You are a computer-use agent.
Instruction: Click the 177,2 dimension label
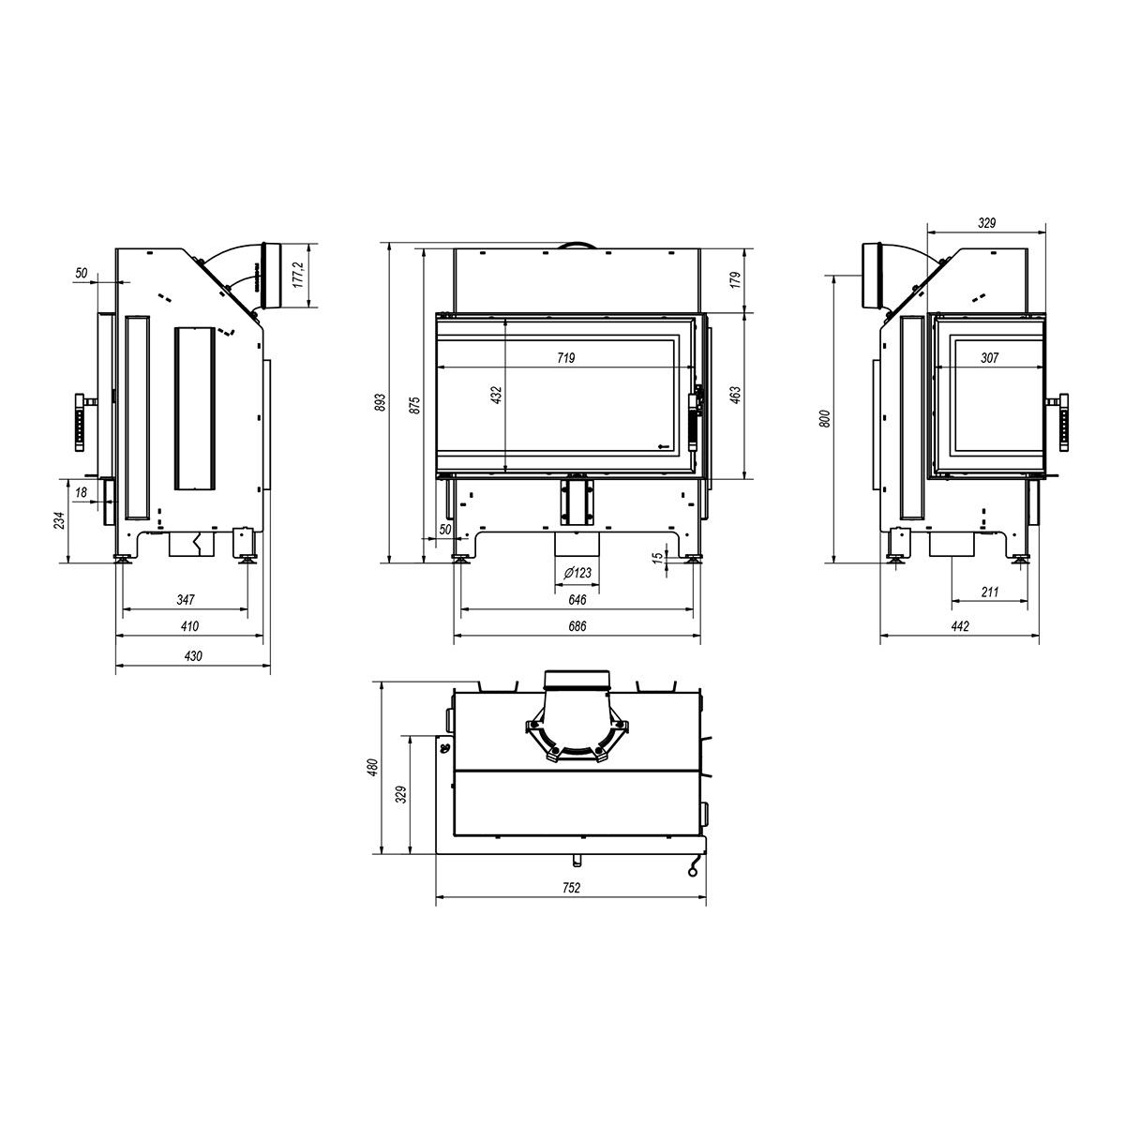point(298,275)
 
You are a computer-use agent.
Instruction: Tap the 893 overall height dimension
point(380,403)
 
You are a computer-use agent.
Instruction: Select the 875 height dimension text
point(415,405)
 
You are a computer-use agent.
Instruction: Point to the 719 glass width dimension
point(565,358)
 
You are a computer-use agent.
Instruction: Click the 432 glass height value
point(497,396)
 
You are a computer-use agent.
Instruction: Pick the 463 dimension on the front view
point(735,396)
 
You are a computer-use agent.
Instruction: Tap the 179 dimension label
point(735,279)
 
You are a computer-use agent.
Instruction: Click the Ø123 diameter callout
point(577,573)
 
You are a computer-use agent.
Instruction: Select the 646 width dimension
point(577,600)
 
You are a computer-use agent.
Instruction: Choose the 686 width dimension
point(577,626)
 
